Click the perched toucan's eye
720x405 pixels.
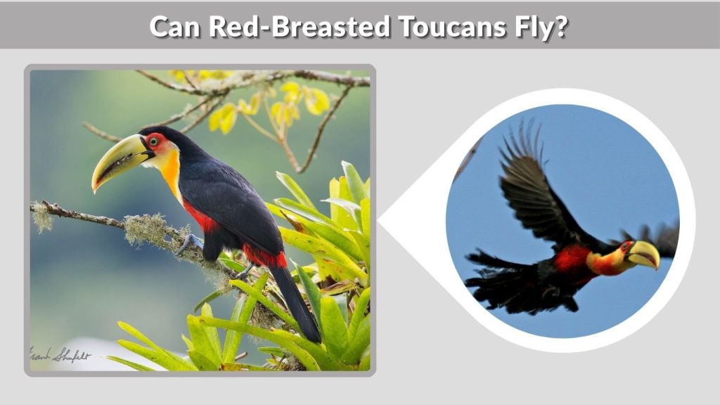[x=153, y=141]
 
